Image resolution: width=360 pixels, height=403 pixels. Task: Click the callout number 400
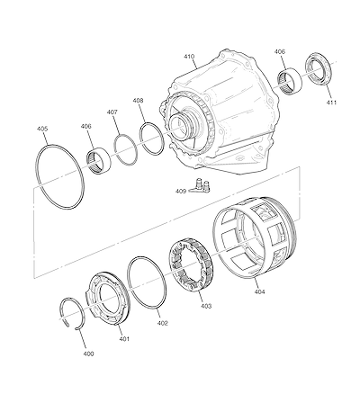coord(88,354)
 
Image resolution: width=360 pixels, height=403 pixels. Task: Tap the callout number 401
coord(124,339)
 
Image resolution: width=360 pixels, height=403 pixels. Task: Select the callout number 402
coord(162,323)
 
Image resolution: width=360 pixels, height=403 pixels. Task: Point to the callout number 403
coord(206,306)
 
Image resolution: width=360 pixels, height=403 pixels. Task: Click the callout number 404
coord(259,291)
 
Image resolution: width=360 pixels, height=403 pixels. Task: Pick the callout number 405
coord(42,129)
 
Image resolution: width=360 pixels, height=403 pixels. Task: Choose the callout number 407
coord(112,112)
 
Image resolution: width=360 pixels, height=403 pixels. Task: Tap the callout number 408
coord(138,101)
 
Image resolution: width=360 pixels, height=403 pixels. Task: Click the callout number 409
coord(181,191)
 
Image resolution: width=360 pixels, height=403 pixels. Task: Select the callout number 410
coord(189,57)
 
